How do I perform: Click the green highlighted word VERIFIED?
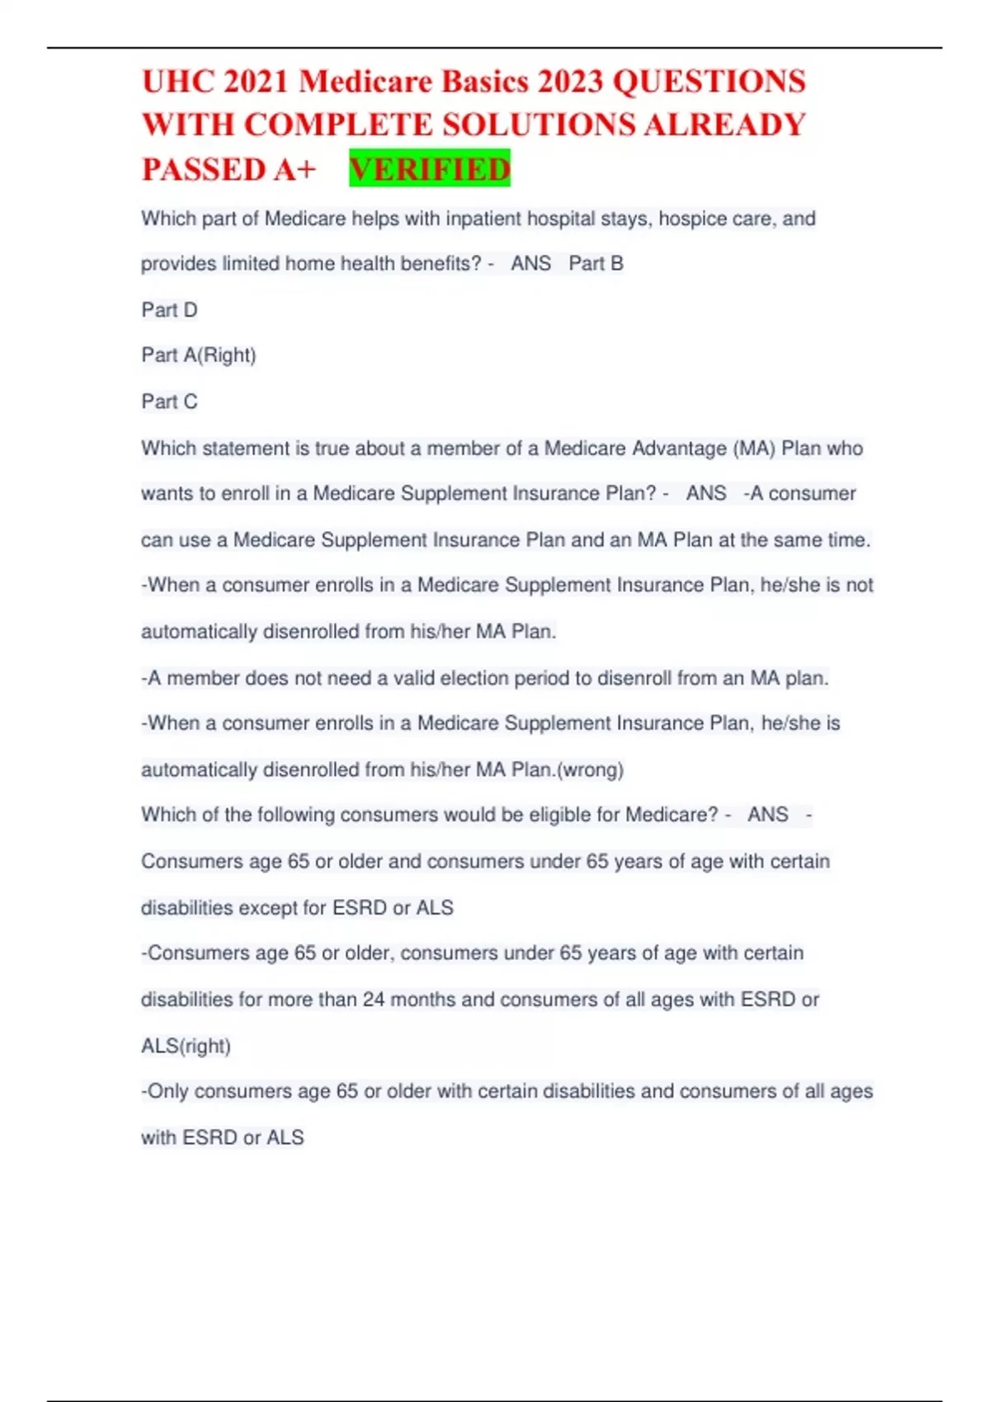(430, 169)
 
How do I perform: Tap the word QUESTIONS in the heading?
(709, 82)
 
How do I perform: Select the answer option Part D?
(169, 310)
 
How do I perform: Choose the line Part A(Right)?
(199, 355)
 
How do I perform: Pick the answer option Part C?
(169, 402)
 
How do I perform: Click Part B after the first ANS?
(596, 264)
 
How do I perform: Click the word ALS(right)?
(186, 1046)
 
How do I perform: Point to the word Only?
(168, 1091)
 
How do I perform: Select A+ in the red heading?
(295, 170)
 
